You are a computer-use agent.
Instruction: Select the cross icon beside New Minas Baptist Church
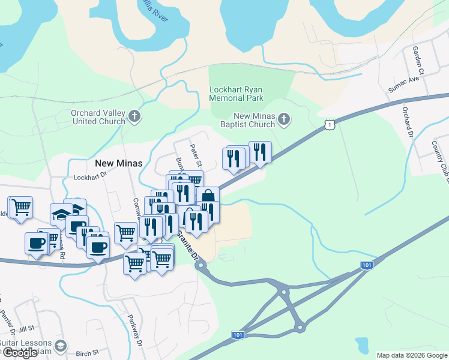point(284,120)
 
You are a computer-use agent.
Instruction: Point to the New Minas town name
point(119,163)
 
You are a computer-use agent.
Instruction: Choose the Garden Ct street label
point(418,62)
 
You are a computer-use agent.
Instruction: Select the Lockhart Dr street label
point(89,177)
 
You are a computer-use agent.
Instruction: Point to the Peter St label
point(194,155)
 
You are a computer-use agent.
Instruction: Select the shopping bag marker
point(207,197)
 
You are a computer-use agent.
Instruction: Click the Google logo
point(20,353)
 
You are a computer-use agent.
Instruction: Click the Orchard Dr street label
point(408,122)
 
